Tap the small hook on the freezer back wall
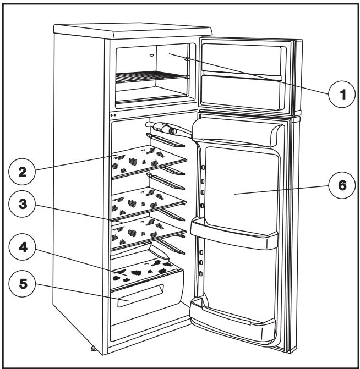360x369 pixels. (151, 54)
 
